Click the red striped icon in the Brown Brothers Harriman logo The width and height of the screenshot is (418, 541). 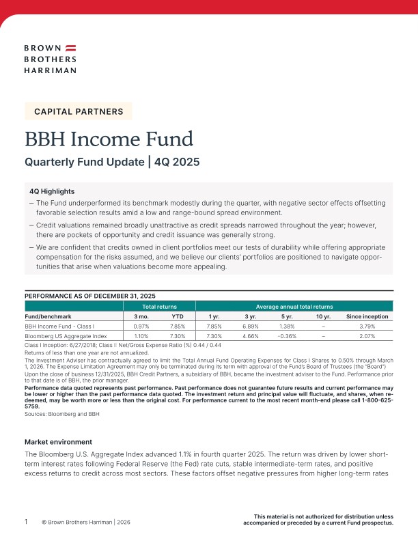point(70,48)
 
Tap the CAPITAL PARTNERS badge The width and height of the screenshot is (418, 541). point(79,111)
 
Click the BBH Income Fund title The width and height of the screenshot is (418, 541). point(109,139)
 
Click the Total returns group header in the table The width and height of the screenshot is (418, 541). point(158,307)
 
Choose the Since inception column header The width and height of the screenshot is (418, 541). point(367,317)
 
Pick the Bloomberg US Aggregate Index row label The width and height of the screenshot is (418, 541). point(66,337)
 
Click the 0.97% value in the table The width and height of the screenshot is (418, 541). point(141,327)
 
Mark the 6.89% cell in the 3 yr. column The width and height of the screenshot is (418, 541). point(252,327)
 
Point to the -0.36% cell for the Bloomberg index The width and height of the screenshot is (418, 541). point(288,337)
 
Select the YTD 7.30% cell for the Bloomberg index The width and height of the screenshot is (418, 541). point(178,337)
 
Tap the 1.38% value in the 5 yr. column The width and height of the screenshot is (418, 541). point(288,327)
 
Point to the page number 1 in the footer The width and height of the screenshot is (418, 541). point(26,521)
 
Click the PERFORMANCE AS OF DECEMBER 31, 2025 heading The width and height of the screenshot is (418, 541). point(90,295)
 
